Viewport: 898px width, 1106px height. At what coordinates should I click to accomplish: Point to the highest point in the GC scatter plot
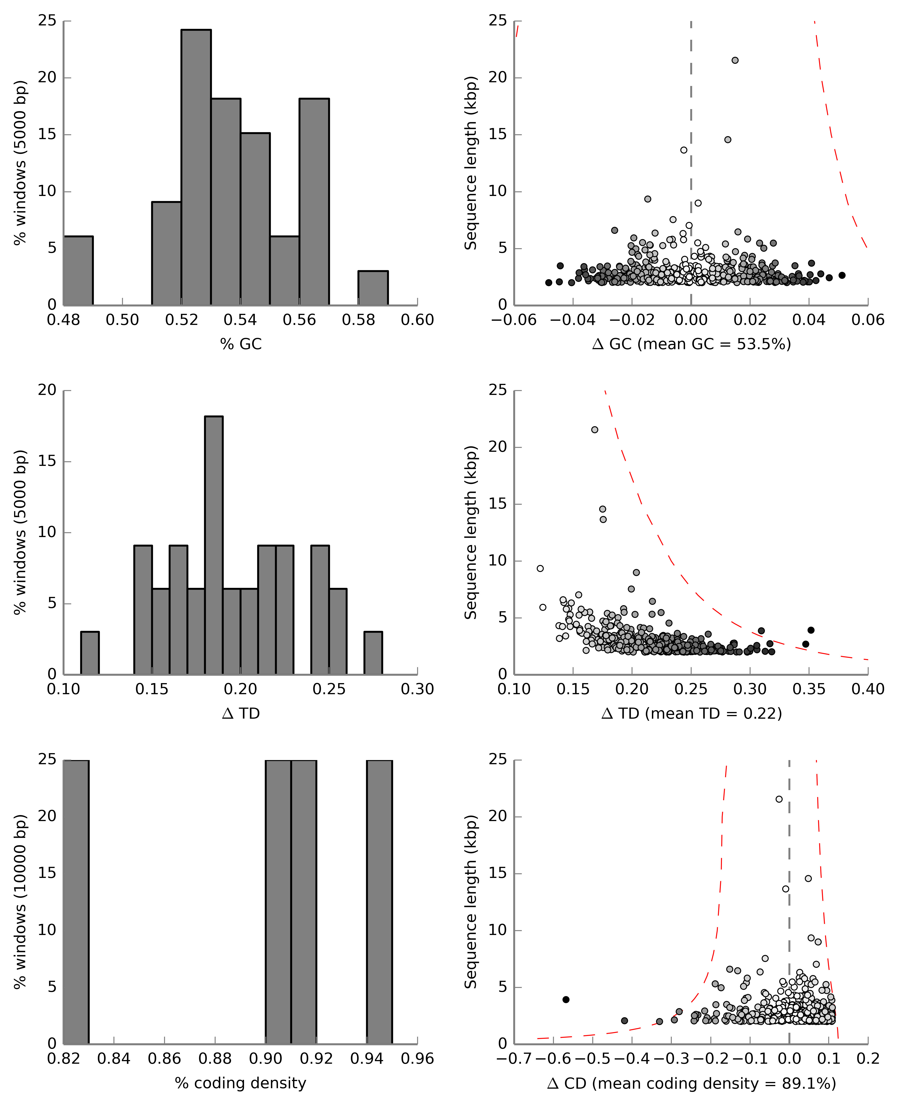735,61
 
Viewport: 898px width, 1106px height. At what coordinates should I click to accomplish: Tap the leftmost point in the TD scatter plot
540,568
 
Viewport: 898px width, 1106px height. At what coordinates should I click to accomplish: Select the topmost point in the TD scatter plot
594,430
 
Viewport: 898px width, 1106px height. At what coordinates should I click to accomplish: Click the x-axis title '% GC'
241,344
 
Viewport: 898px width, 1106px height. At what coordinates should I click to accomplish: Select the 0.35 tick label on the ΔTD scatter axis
809,690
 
